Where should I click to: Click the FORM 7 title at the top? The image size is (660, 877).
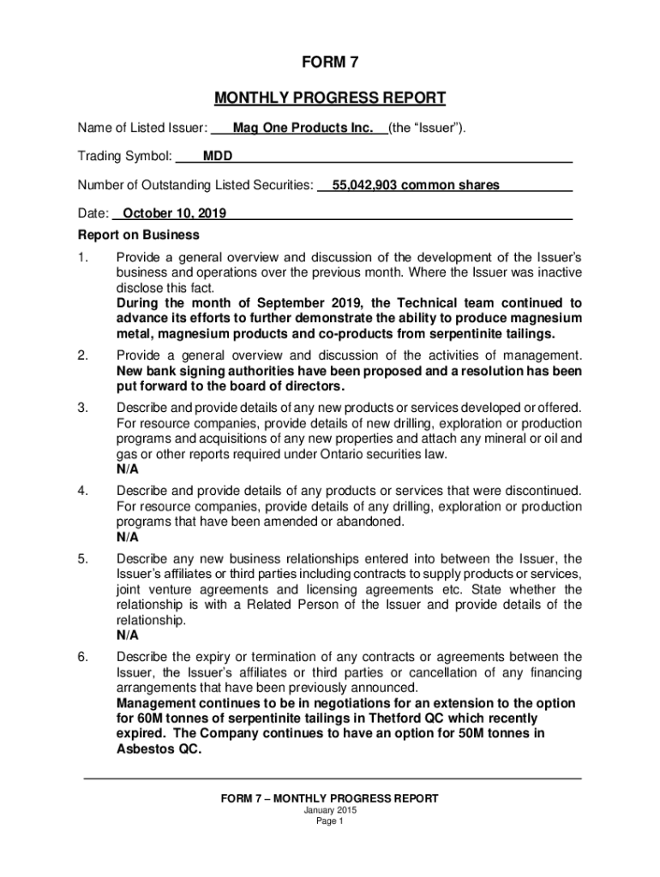pyautogui.click(x=329, y=63)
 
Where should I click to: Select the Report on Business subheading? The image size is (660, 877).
pyautogui.click(x=139, y=235)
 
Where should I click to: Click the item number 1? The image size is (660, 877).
pyautogui.click(x=83, y=257)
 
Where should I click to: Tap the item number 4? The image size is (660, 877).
pyautogui.click(x=83, y=491)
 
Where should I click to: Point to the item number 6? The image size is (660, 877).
pyautogui.click(x=83, y=657)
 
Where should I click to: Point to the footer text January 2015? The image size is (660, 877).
pyautogui.click(x=329, y=810)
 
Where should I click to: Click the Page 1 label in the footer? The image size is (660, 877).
pyautogui.click(x=329, y=821)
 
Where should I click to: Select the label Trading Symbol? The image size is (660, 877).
pyautogui.click(x=125, y=157)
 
